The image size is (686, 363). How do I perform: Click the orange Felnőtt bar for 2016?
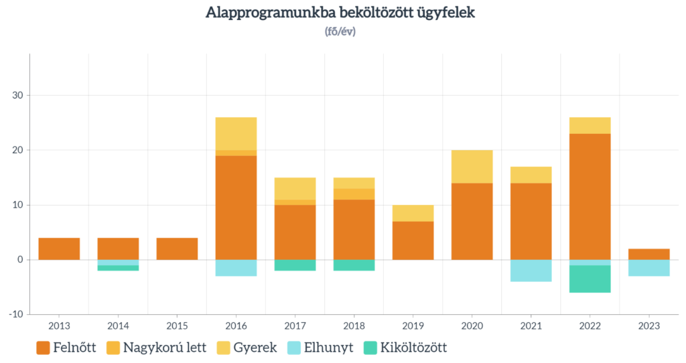(236, 208)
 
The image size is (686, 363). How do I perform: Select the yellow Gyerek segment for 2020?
(472, 167)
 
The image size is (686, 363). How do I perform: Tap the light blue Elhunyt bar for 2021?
(531, 271)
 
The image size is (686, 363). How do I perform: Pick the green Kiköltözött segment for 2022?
(590, 279)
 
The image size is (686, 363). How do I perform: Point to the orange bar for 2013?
(59, 248)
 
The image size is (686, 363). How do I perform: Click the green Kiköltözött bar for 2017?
(295, 265)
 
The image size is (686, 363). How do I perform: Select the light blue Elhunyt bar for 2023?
(648, 268)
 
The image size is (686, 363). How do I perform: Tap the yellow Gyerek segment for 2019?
(413, 213)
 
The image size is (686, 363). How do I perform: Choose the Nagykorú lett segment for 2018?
(354, 194)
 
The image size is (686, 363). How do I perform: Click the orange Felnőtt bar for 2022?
(590, 196)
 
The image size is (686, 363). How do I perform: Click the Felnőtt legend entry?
(68, 348)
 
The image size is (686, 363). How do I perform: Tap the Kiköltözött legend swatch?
(370, 348)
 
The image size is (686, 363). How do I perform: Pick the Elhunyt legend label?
(330, 348)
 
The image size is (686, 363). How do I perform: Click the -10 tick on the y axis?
(14, 314)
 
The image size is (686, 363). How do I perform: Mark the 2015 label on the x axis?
(177, 326)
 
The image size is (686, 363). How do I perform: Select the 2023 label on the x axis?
(648, 326)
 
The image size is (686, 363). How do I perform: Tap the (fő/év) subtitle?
(340, 31)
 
